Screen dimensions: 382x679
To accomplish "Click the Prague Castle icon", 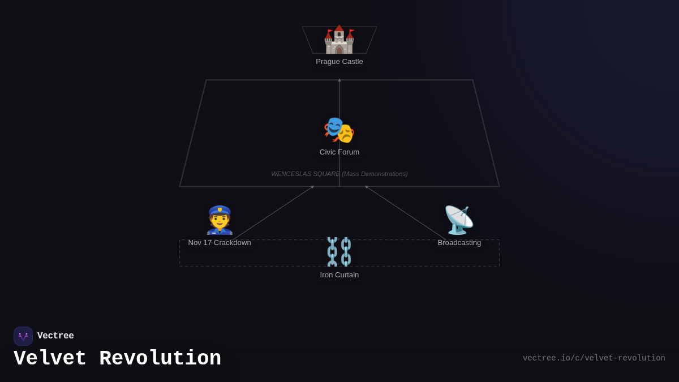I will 339,40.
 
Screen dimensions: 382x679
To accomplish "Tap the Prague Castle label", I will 339,62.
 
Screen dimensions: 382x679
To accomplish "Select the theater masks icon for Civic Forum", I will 339,130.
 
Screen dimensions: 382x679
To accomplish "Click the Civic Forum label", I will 339,152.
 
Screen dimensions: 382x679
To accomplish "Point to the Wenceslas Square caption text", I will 339,174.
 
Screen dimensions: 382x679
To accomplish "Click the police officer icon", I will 220,220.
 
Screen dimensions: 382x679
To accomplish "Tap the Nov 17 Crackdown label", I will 220,243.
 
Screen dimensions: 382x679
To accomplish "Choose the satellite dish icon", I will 459,220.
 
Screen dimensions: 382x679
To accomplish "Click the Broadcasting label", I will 459,243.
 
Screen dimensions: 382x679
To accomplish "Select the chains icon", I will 339,252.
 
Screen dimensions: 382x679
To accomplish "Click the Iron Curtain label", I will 339,275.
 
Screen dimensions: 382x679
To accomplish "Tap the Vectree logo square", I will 23,336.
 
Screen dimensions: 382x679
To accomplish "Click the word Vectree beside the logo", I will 55,336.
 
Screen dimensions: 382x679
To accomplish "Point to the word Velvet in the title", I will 50,359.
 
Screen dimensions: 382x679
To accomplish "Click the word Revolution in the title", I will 160,359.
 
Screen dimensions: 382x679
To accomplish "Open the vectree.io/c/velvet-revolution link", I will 594,358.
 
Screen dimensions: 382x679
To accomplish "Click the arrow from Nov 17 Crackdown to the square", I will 273,213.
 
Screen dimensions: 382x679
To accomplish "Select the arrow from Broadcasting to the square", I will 405,213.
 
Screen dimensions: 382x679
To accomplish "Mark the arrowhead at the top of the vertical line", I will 339,80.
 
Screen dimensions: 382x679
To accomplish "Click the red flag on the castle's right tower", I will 351,31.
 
